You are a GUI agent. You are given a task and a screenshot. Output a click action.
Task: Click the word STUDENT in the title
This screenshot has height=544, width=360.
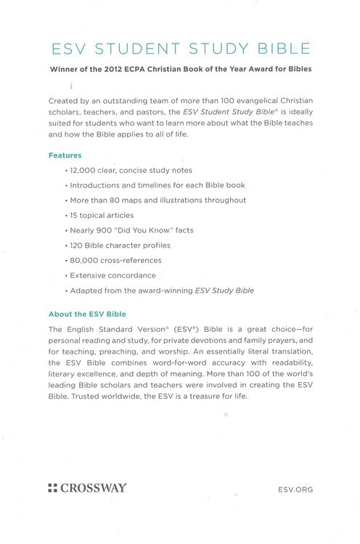pyautogui.click(x=147, y=49)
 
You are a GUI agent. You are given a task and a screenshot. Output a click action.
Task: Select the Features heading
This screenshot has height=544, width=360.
pyautogui.click(x=65, y=155)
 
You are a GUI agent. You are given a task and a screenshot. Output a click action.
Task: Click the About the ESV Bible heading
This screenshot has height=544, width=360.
pyautogui.click(x=87, y=313)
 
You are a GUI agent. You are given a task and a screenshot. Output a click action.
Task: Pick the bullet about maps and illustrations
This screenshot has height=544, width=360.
pyautogui.click(x=157, y=199)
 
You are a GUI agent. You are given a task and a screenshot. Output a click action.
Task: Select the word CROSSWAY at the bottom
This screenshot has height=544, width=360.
pyautogui.click(x=93, y=488)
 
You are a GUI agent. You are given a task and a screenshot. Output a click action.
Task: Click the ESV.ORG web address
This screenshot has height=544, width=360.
pyautogui.click(x=295, y=490)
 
